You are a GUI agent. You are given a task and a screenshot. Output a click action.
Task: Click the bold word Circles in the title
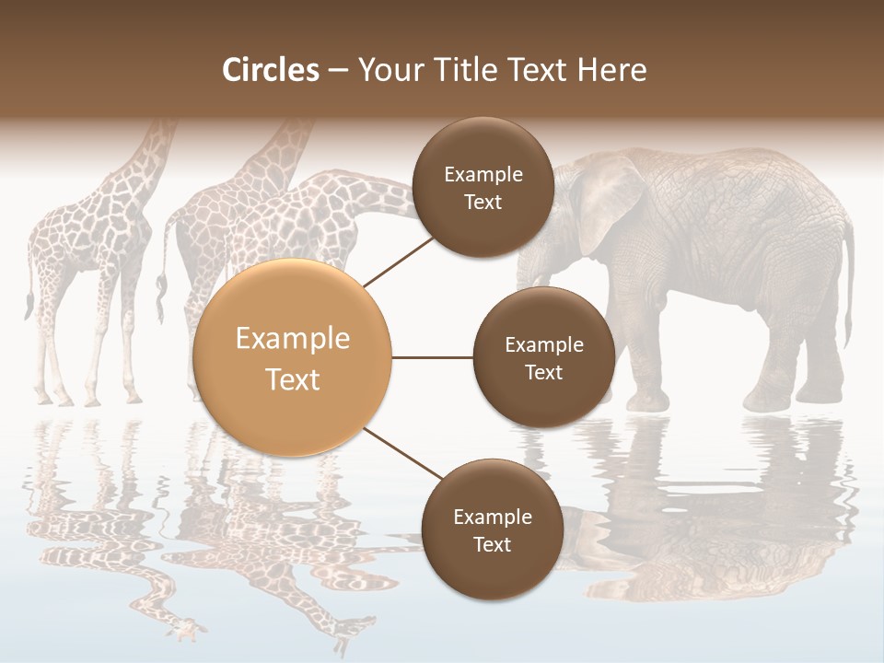[271, 70]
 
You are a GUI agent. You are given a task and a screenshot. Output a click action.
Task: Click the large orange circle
[293, 357]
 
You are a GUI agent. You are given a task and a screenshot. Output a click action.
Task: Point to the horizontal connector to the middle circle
[433, 357]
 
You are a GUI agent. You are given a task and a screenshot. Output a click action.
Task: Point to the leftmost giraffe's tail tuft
[29, 304]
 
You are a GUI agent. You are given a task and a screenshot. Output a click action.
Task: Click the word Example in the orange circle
[293, 339]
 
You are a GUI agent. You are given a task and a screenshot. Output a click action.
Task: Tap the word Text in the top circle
[483, 203]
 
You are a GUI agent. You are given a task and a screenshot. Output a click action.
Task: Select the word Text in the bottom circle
[492, 545]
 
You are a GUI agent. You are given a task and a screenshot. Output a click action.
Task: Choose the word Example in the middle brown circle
[543, 345]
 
